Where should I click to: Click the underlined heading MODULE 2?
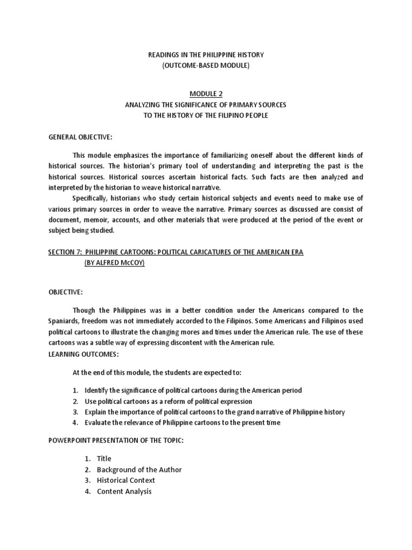coord(205,93)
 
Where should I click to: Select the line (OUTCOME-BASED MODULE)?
coord(206,66)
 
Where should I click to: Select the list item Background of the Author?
coord(139,469)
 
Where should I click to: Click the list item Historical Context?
coord(126,480)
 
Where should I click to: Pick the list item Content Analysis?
coord(124,491)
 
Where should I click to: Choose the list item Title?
coord(104,459)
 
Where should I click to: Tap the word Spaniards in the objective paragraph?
coord(64,321)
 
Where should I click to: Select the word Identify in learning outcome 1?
coord(97,390)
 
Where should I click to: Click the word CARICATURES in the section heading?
coord(206,252)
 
